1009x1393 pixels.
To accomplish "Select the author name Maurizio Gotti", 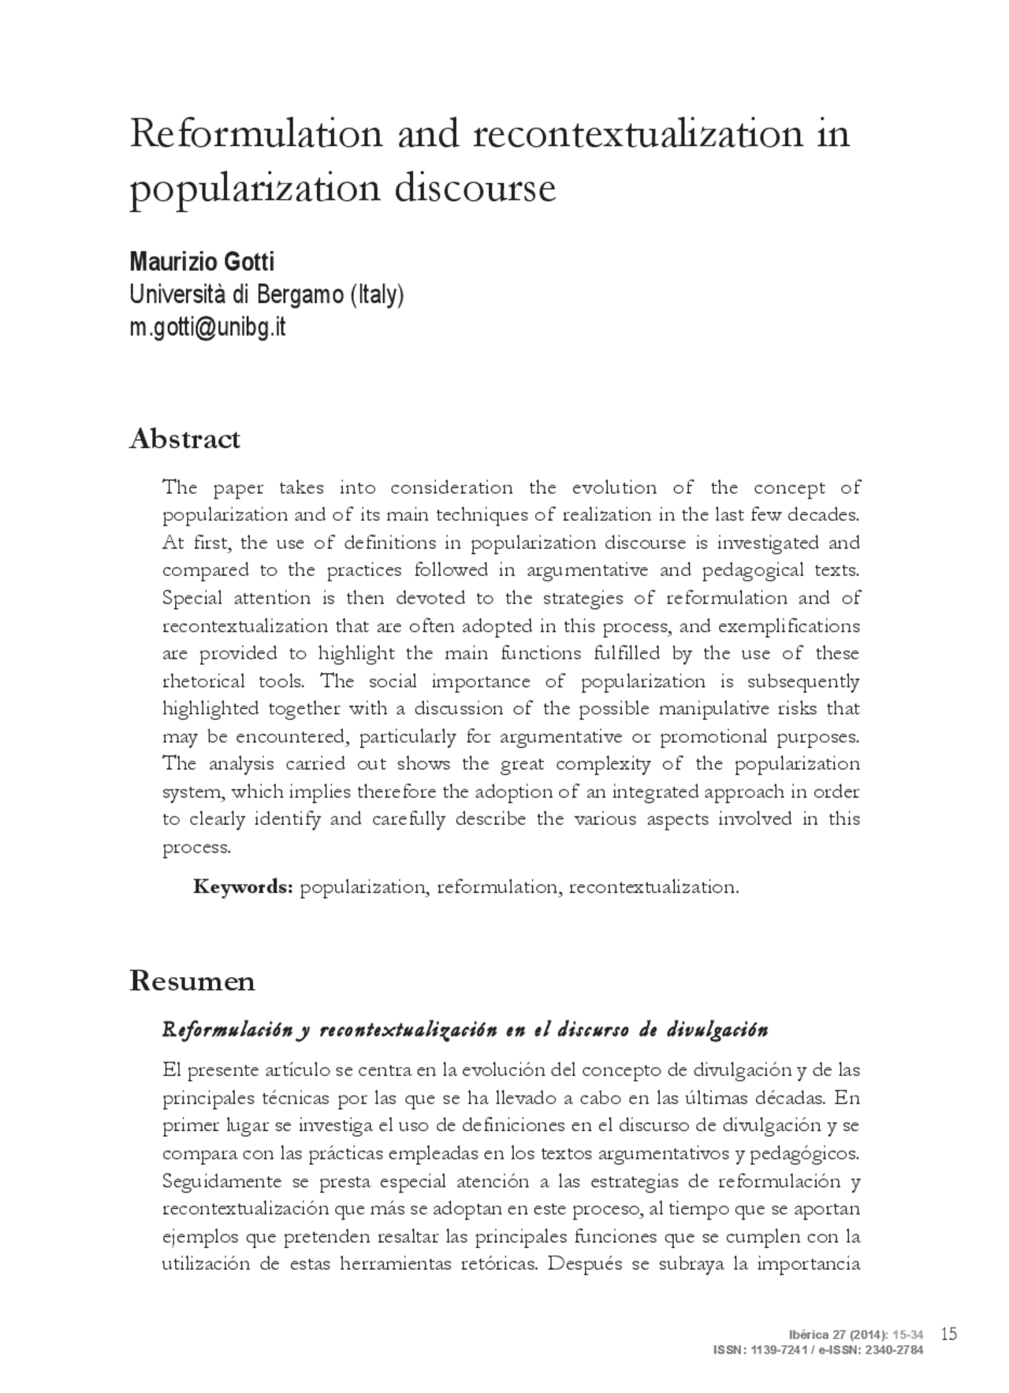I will coord(201,261).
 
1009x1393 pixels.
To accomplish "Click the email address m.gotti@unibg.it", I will coord(207,327).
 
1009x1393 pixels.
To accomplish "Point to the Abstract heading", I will coord(184,439).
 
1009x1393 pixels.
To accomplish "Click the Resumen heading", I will coord(192,980).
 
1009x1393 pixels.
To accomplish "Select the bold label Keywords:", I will coord(244,887).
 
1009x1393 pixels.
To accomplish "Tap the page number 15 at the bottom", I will coord(949,1334).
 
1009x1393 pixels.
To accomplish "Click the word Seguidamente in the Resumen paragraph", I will coord(222,1181).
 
